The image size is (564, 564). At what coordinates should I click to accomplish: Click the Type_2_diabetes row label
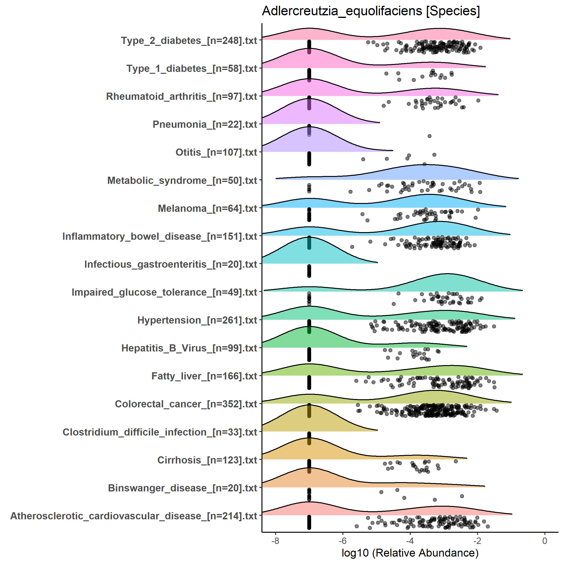(x=189, y=41)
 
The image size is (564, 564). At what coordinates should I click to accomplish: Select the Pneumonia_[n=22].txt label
(x=205, y=125)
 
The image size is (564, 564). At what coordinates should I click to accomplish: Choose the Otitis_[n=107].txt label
(x=216, y=152)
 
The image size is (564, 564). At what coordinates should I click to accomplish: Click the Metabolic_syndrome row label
(x=182, y=181)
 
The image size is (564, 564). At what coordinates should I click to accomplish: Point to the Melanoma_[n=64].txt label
(x=207, y=208)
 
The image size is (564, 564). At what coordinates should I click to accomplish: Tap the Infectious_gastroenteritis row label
(x=170, y=264)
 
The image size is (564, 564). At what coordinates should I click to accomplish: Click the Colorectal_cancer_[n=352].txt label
(x=186, y=404)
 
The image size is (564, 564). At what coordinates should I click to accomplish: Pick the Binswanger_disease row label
(x=182, y=488)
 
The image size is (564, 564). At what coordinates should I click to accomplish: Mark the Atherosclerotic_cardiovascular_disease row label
(x=134, y=516)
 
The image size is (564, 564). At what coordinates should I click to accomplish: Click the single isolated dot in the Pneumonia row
(x=429, y=136)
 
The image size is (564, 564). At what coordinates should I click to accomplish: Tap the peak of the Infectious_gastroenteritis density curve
(x=309, y=237)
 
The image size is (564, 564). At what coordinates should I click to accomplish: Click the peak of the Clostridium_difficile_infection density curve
(x=309, y=404)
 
